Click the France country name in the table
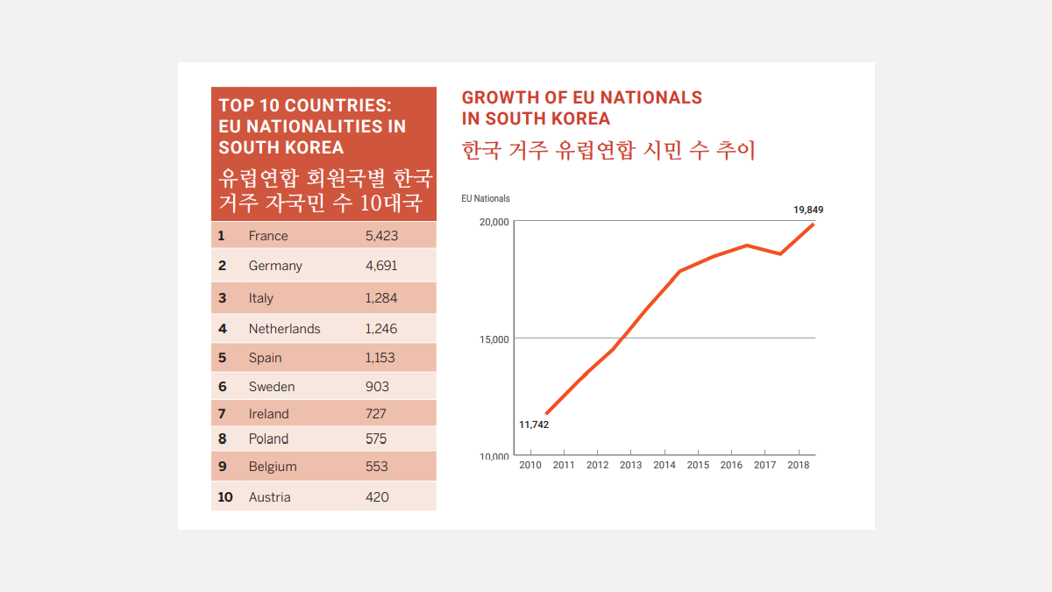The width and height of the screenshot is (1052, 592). (x=268, y=236)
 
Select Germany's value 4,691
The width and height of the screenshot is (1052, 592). (x=381, y=266)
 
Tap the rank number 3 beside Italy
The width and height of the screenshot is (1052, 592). (x=223, y=298)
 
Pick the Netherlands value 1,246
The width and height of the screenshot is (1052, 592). (x=381, y=329)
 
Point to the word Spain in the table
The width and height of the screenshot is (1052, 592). (x=266, y=358)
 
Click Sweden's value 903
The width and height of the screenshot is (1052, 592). (x=378, y=387)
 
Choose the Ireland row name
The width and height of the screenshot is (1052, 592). (x=269, y=414)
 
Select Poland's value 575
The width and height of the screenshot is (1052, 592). (x=377, y=439)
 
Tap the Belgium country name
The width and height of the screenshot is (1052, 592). (x=273, y=467)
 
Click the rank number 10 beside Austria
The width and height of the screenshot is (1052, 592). (x=225, y=497)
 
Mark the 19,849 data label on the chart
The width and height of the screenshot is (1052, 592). (x=808, y=210)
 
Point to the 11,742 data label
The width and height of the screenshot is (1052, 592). (x=534, y=425)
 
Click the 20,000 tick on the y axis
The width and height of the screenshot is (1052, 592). (x=494, y=222)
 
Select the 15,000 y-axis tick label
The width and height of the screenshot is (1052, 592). (x=494, y=339)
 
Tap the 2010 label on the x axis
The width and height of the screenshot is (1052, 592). (x=530, y=465)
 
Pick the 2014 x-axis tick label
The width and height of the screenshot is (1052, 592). (x=665, y=465)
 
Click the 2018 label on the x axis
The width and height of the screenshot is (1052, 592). (x=799, y=465)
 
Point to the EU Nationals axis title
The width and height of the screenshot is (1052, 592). (x=486, y=199)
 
